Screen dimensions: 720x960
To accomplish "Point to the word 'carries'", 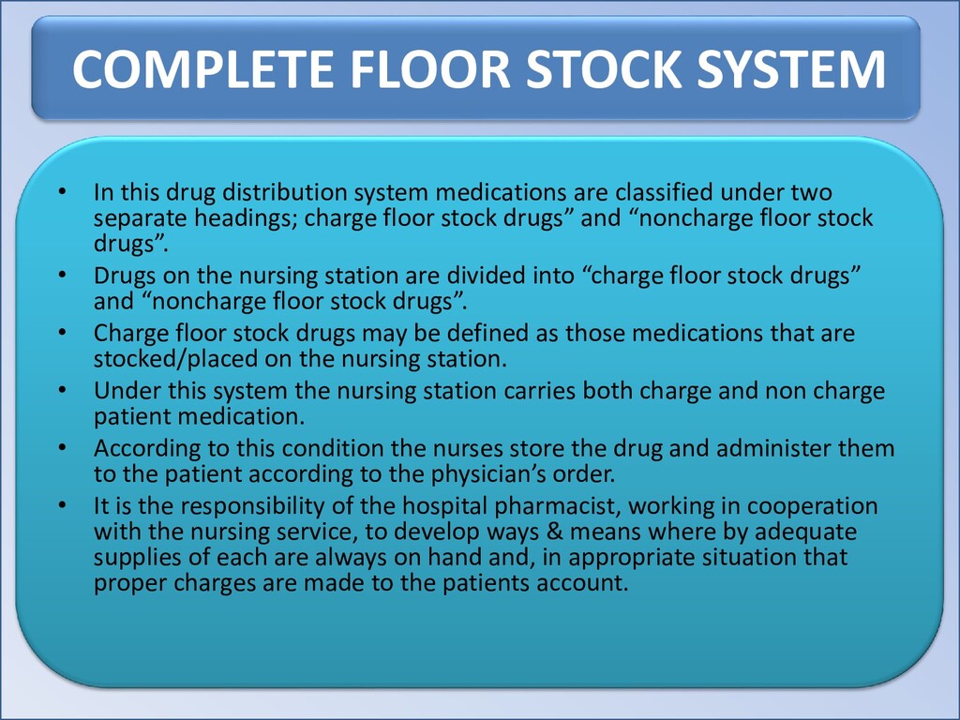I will coord(539,391).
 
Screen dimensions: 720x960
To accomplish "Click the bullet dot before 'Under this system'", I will coord(62,391).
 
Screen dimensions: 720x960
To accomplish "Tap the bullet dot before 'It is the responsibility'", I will coord(62,507).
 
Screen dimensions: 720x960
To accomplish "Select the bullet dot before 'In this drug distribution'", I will coord(62,193).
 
